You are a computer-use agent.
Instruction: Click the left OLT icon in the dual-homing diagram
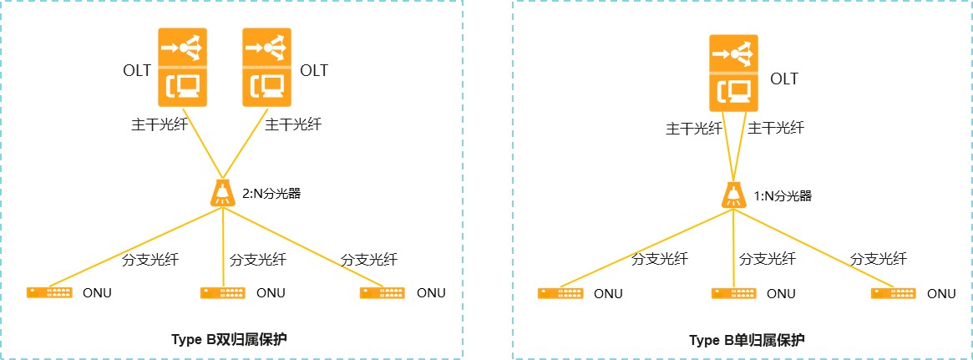pyautogui.click(x=184, y=68)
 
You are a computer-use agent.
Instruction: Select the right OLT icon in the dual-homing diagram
pyautogui.click(x=267, y=68)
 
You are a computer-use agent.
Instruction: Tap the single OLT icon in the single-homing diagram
pyautogui.click(x=734, y=74)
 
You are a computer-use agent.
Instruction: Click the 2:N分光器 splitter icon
pyautogui.click(x=222, y=193)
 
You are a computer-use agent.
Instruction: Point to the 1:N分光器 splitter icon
pyautogui.click(x=732, y=195)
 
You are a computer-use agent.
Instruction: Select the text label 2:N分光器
pyautogui.click(x=271, y=194)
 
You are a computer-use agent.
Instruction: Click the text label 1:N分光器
pyautogui.click(x=782, y=196)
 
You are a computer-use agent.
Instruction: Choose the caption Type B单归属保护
pyautogui.click(x=734, y=340)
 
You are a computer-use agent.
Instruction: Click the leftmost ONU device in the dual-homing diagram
pyautogui.click(x=49, y=292)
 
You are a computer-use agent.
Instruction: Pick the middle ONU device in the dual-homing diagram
pyautogui.click(x=222, y=292)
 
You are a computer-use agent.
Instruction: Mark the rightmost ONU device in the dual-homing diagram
pyautogui.click(x=383, y=292)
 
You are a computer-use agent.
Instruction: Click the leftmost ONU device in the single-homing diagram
pyautogui.click(x=560, y=293)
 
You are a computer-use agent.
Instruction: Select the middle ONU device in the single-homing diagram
pyautogui.click(x=734, y=293)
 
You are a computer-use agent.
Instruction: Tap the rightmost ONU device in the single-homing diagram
pyautogui.click(x=894, y=293)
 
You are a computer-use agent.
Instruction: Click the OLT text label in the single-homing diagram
pyautogui.click(x=784, y=79)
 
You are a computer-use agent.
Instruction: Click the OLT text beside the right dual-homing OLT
pyautogui.click(x=314, y=70)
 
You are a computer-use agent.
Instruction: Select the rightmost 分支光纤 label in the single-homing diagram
pyautogui.click(x=879, y=259)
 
